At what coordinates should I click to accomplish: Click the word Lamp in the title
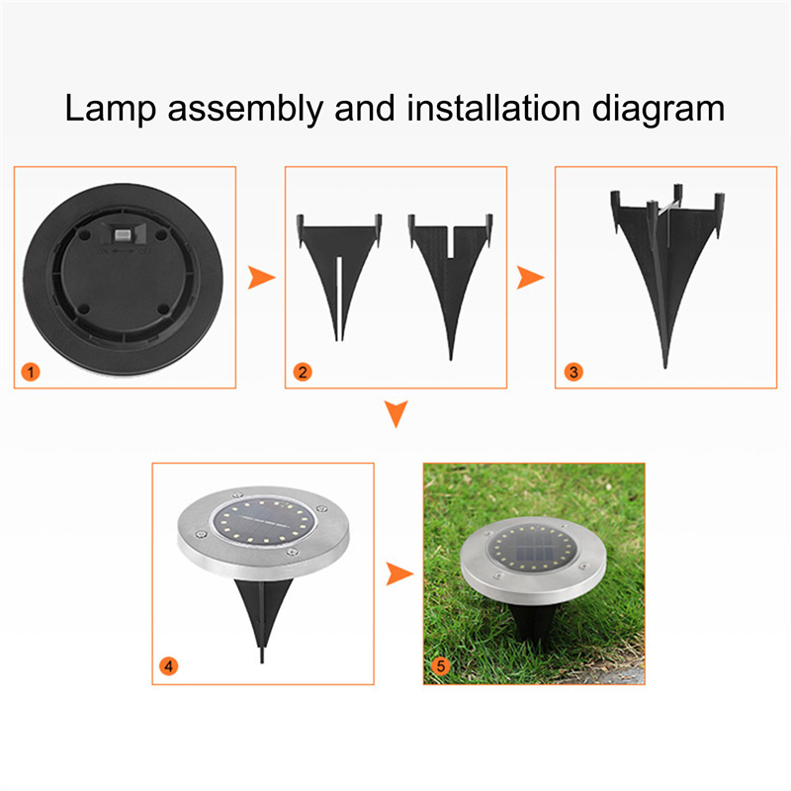(x=111, y=109)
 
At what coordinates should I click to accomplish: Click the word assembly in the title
(x=245, y=109)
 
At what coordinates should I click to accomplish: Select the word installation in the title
(x=493, y=108)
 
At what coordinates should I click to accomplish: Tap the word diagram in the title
(x=659, y=109)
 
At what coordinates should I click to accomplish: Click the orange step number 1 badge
(x=31, y=373)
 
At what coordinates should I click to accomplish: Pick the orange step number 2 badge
(x=303, y=373)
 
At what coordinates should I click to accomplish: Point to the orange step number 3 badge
(x=573, y=373)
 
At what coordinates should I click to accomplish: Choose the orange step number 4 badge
(x=168, y=665)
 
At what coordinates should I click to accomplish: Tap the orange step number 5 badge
(x=440, y=665)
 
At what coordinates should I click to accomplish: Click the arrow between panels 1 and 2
(x=260, y=278)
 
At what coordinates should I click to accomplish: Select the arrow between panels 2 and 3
(x=529, y=278)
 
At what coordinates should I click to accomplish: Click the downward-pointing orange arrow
(x=396, y=413)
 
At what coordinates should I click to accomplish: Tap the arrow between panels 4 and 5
(x=398, y=573)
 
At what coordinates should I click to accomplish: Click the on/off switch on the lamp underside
(x=123, y=235)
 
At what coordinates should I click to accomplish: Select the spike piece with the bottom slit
(x=339, y=278)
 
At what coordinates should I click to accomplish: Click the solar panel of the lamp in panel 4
(x=263, y=521)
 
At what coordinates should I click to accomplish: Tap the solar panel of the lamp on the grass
(x=531, y=548)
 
